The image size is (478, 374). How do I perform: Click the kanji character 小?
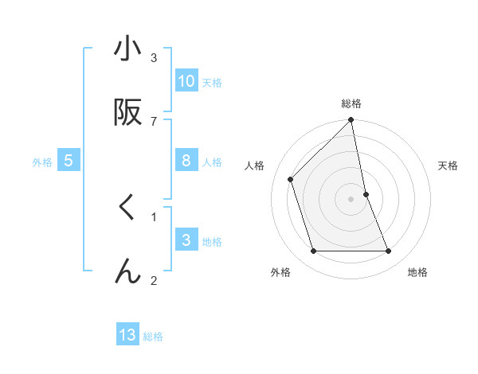[127, 49]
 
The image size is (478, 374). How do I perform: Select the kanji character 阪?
[127, 114]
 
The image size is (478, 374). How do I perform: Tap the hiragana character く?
[127, 208]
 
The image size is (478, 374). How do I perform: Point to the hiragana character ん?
[127, 271]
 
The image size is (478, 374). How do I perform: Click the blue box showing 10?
[186, 81]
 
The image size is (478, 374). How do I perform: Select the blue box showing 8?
[186, 161]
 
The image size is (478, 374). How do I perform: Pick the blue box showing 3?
[186, 240]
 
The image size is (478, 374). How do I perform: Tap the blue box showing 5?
[69, 161]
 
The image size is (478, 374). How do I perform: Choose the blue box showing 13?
[127, 335]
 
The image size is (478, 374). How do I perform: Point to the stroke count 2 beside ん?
[154, 280]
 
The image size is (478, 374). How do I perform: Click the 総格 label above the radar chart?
[351, 103]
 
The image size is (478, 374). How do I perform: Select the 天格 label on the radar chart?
[448, 166]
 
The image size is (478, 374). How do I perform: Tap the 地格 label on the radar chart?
[417, 272]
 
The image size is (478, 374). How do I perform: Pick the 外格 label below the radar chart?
[280, 272]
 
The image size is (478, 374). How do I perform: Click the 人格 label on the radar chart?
[255, 166]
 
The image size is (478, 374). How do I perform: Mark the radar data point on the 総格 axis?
[351, 121]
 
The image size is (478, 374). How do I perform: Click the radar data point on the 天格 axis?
[366, 194]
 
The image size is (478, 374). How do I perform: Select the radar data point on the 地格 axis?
[389, 251]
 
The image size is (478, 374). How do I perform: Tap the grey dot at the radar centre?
[351, 199]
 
